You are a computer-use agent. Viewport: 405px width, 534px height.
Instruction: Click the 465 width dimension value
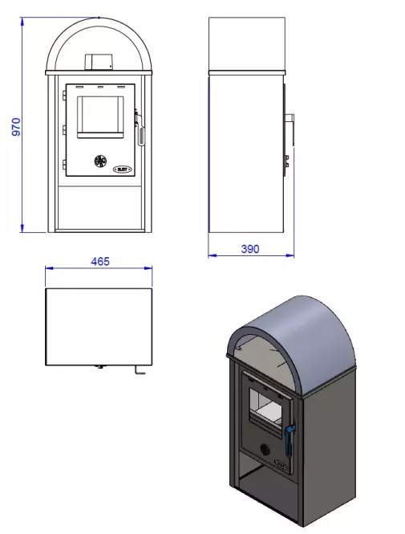(99, 261)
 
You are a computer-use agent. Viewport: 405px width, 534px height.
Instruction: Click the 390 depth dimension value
(250, 249)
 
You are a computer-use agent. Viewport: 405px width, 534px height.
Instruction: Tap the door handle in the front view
(142, 128)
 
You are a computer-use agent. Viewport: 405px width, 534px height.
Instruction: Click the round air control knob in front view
(101, 161)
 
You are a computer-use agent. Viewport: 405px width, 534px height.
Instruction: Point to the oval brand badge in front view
(124, 169)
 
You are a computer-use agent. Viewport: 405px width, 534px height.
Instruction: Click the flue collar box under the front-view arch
(100, 62)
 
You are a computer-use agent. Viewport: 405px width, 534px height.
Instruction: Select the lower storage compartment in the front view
(100, 205)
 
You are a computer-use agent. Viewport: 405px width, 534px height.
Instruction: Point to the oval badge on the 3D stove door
(281, 463)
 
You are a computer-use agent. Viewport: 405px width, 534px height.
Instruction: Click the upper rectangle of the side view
(247, 43)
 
